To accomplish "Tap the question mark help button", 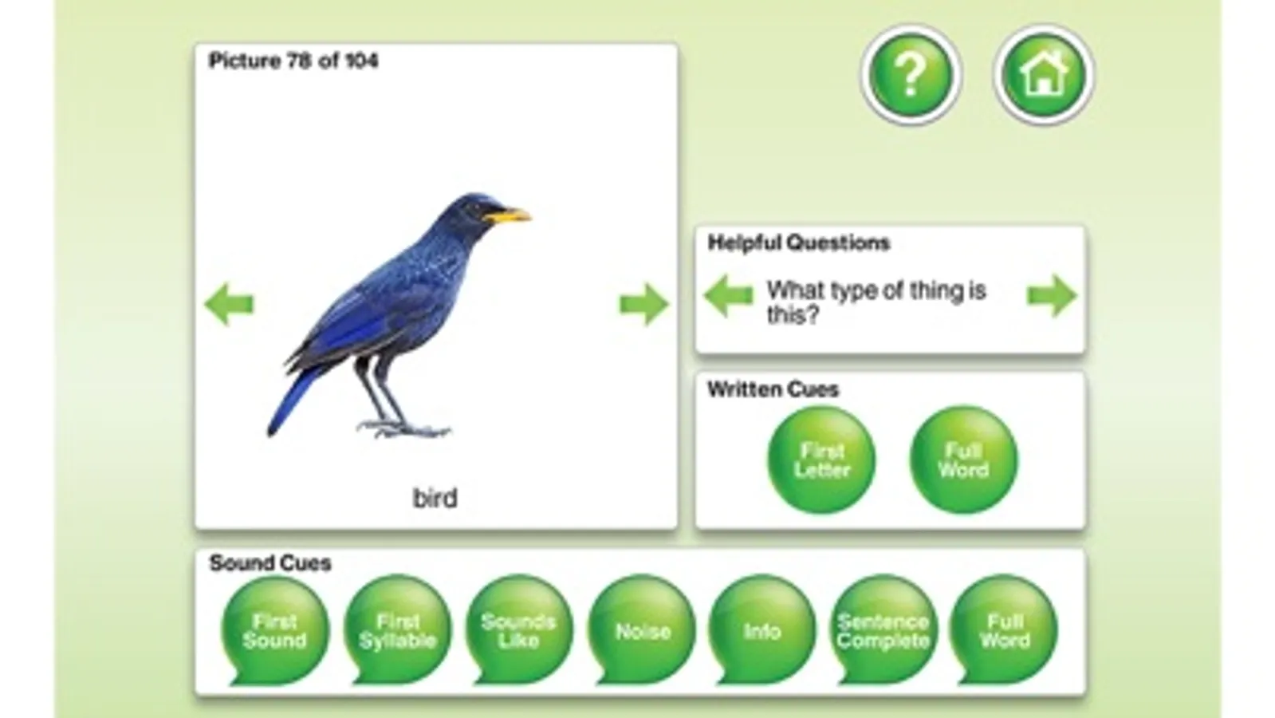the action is coord(911,74).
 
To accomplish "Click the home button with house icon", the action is coord(1044,74).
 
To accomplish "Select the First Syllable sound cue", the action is coord(397,629).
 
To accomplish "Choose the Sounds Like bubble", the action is coord(518,629).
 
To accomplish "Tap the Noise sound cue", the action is coord(642,629).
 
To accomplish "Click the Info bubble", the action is coord(762,629).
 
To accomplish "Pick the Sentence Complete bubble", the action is coord(883,629).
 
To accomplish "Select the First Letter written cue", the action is coord(821,460).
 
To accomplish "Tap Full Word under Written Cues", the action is coord(964,460).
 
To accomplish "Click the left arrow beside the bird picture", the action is coord(230,304).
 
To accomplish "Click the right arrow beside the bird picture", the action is coord(643,304).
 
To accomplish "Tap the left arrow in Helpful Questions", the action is coord(728,295).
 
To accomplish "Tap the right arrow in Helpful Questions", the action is coord(1052,295).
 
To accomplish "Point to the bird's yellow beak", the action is coord(507,215).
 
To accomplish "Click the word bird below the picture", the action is coord(435,498).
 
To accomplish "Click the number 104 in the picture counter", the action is coord(362,61).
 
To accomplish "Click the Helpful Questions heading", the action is coord(799,243).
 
